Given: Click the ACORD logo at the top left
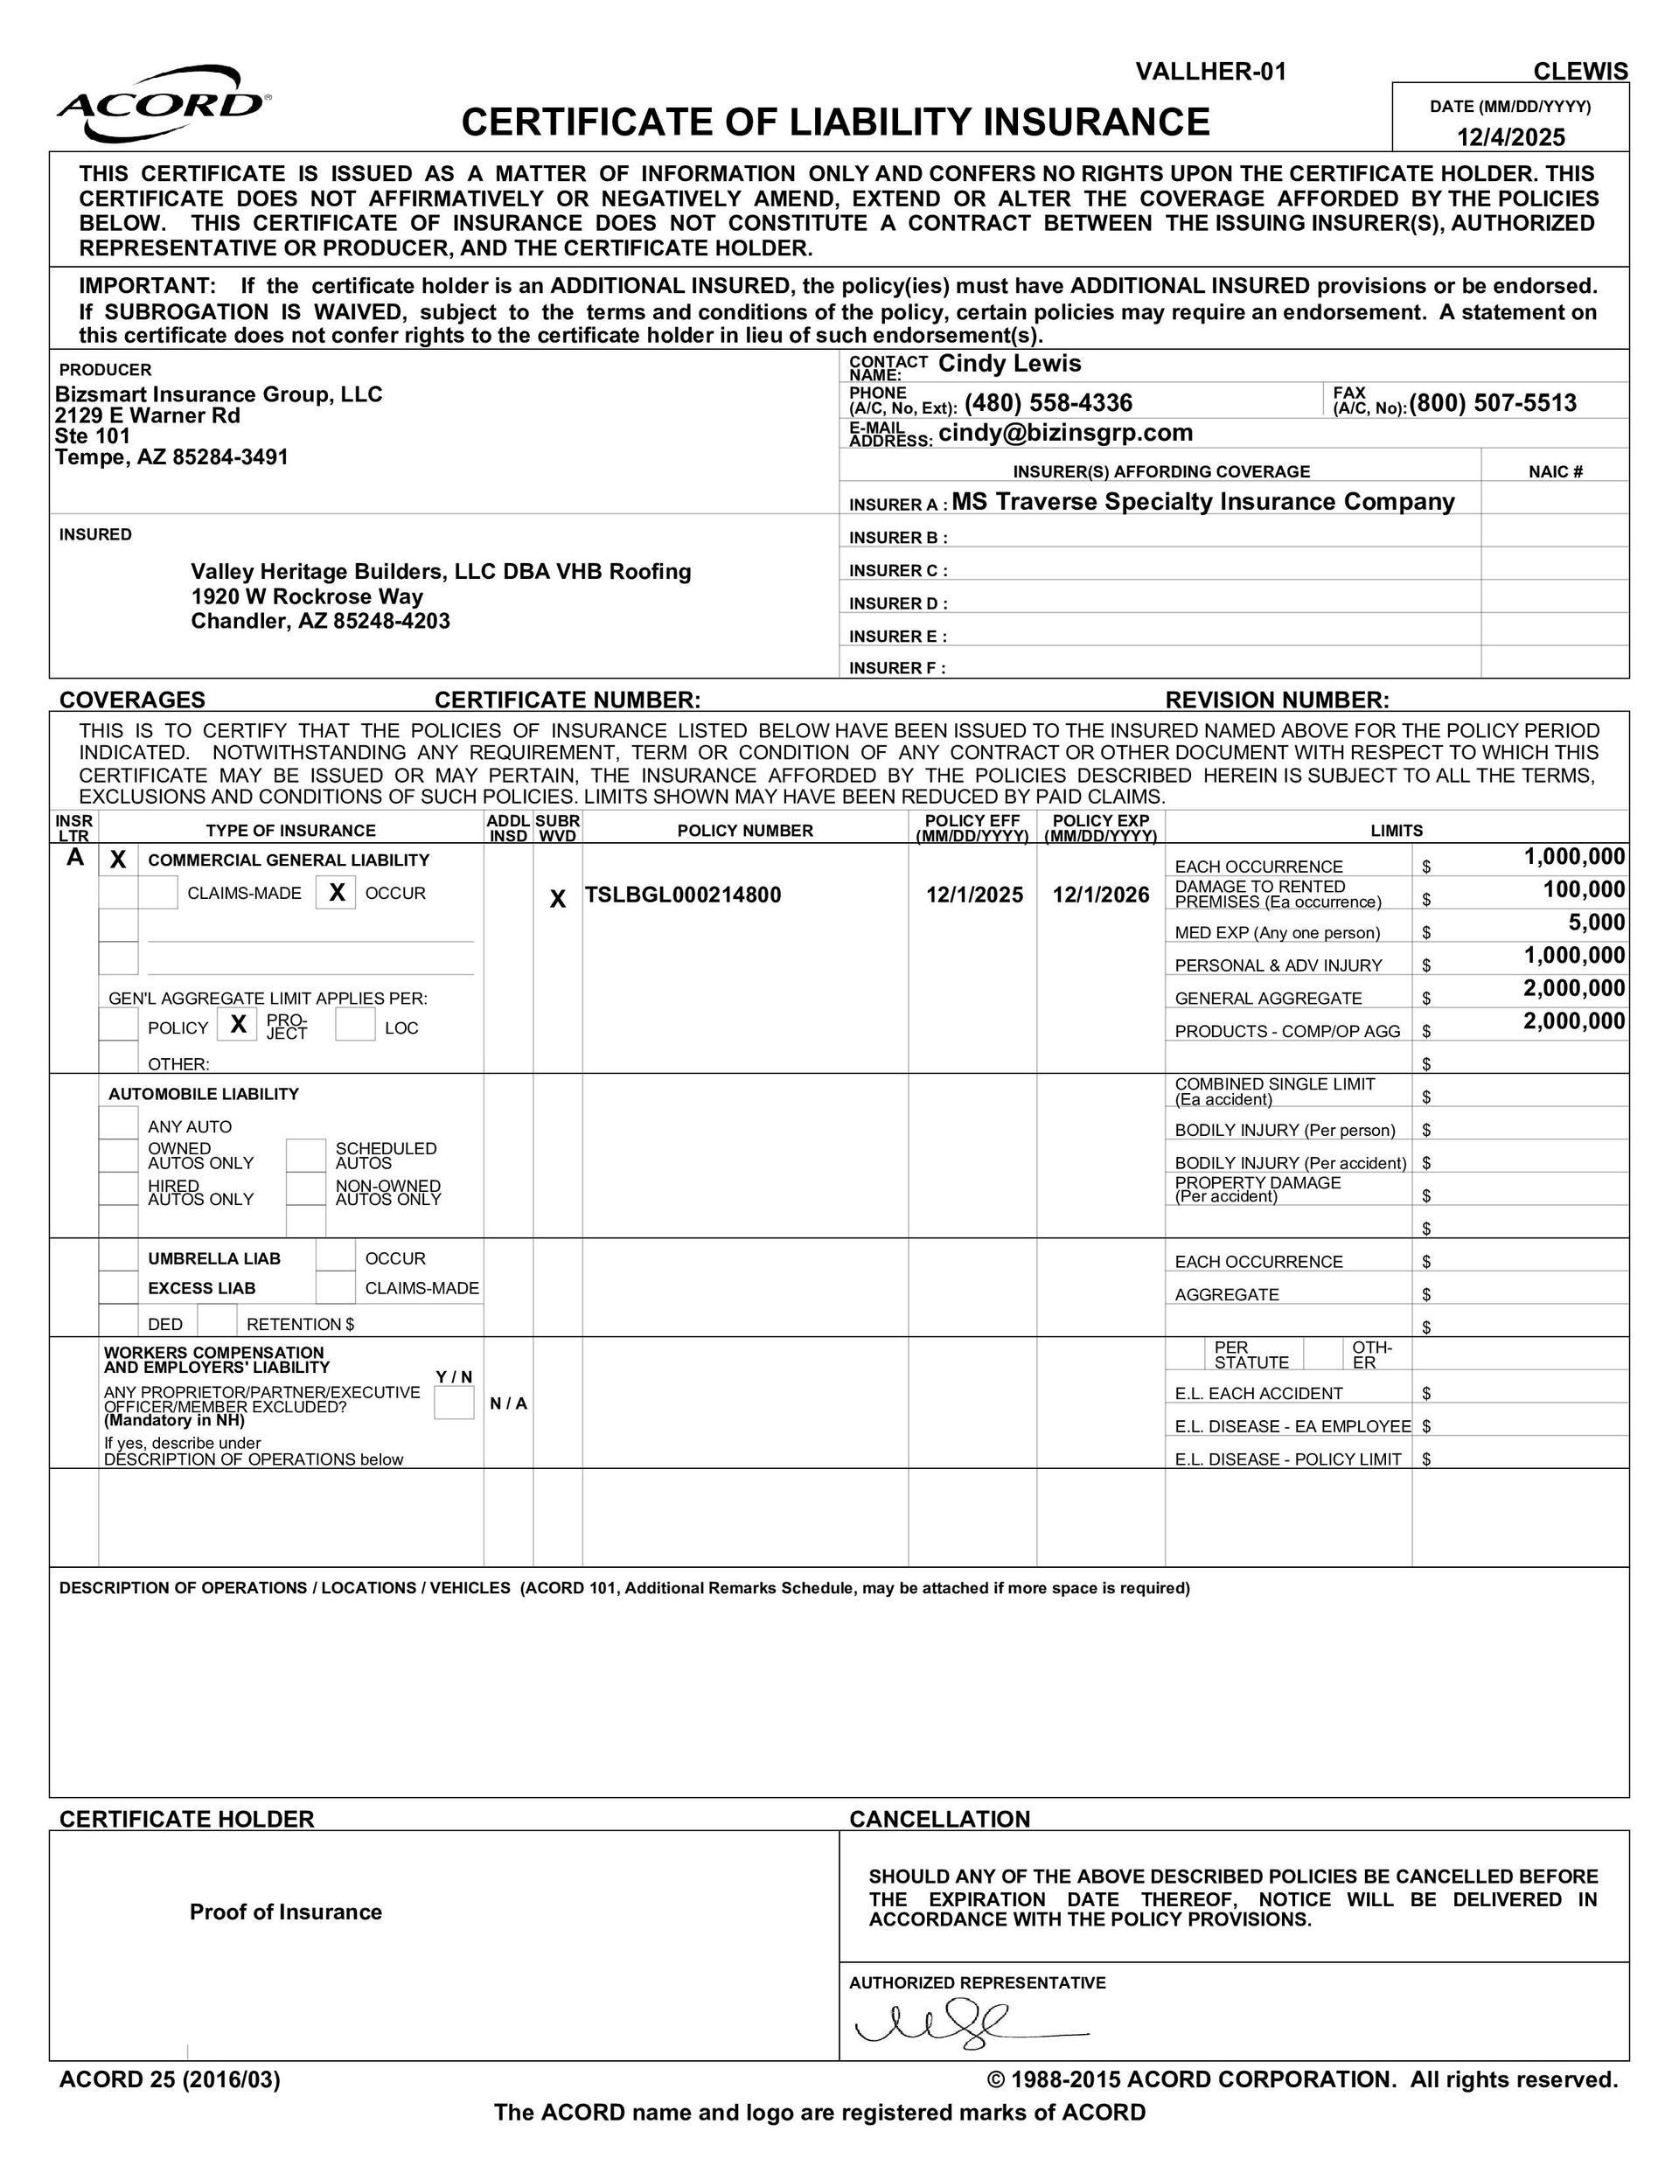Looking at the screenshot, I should point(163,103).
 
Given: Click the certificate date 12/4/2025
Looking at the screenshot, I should point(1511,136).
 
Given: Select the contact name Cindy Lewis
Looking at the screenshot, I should point(1009,363).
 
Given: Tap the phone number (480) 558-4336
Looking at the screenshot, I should point(1048,403).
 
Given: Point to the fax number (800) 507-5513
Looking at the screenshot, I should point(1493,403).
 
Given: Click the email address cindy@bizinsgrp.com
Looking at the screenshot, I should point(1065,433).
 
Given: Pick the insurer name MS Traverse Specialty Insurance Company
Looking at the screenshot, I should point(1202,501).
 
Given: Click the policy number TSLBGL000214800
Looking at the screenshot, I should point(683,895).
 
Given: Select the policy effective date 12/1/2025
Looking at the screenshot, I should point(974,895).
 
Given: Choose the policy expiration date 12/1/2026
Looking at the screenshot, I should point(1101,895).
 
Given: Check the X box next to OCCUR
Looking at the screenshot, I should point(337,893).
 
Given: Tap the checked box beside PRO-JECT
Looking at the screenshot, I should point(239,1024).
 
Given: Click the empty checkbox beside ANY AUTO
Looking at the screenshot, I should point(118,1125).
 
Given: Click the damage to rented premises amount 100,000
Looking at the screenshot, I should point(1584,889).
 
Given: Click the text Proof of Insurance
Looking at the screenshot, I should point(286,1912).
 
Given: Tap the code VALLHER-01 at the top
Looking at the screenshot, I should point(1210,72).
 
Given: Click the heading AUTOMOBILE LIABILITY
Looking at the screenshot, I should point(203,1093).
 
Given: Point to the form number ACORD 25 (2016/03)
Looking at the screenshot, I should point(169,2079).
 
